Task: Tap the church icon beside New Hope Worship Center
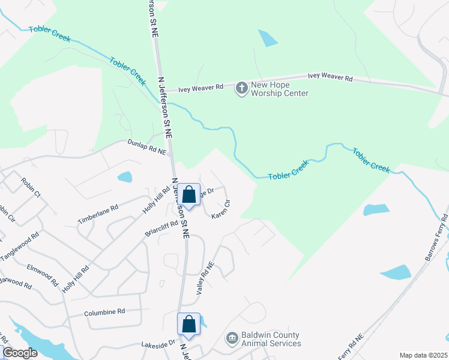click(x=241, y=89)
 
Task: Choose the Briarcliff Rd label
click(x=161, y=228)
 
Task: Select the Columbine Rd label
click(x=104, y=312)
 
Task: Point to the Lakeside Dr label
click(x=157, y=344)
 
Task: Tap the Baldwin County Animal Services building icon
click(x=232, y=339)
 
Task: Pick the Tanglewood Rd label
click(x=20, y=247)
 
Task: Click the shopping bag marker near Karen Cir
click(x=189, y=195)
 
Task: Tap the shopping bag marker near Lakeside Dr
click(x=188, y=325)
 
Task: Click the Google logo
click(x=20, y=353)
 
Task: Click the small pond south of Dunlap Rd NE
click(x=125, y=177)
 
